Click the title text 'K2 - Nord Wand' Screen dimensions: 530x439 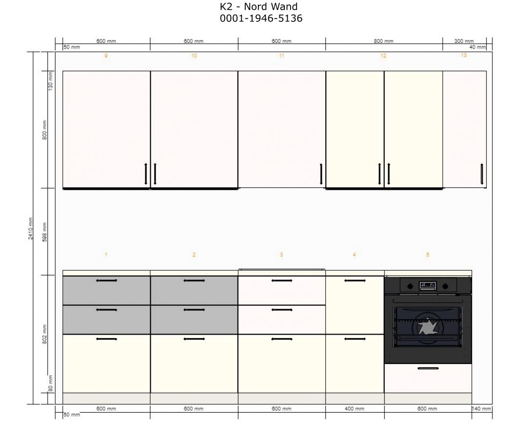pos(258,6)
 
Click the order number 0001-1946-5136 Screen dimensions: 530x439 pos(261,18)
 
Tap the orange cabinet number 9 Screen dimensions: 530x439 pos(106,56)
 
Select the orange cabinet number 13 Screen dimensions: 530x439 pos(464,55)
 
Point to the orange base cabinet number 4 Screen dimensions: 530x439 pos(354,254)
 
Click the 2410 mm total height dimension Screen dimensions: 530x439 pos(31,229)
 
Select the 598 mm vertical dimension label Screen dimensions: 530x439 pos(45,232)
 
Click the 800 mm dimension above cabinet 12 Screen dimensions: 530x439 pos(383,41)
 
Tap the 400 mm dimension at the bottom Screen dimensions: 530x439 pos(354,409)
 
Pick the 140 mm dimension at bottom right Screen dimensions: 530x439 pos(482,409)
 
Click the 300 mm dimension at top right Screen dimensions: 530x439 pos(464,41)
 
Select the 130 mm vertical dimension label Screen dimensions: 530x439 pos(51,80)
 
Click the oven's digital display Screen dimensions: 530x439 pos(428,286)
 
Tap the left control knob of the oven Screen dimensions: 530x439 pos(410,286)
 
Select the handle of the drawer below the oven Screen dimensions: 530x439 pos(428,368)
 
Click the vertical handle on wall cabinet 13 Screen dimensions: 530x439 pos(482,174)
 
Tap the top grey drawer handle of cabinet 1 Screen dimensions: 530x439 pos(106,280)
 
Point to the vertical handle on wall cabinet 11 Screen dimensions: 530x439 pos(321,174)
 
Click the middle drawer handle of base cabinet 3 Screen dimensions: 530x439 pos(281,310)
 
